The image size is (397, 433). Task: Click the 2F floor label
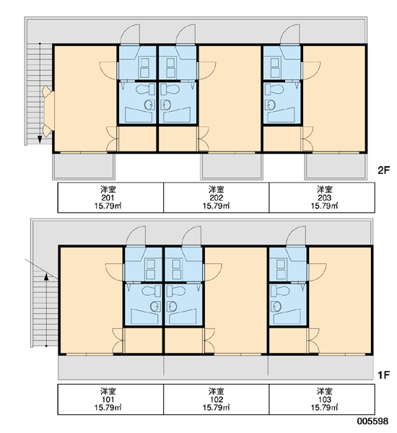pos(383,170)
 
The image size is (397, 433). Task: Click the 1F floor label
pos(383,375)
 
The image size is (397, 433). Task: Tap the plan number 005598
pos(372,421)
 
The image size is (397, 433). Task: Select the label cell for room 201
pos(110,198)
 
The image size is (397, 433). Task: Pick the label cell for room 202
pos(217,198)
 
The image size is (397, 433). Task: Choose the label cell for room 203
pos(322,198)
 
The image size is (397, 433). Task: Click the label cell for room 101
pos(110,399)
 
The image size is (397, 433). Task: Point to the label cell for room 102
pos(217,399)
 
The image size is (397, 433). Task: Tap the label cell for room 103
pos(322,399)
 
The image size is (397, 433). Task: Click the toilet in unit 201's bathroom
pos(145,89)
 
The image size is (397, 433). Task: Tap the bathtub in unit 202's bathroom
pos(177,115)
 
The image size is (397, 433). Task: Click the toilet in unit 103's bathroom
pos(280,291)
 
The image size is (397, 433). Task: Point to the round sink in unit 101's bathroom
pos(155,306)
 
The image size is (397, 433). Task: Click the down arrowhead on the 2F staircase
pos(40,140)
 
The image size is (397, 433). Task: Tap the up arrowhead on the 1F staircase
pos(46,276)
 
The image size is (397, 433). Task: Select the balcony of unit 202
pos(231,166)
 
